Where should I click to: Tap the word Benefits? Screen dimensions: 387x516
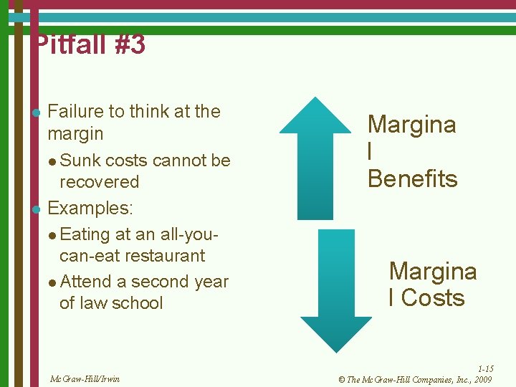click(x=412, y=178)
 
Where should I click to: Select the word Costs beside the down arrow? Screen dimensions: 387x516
click(x=433, y=298)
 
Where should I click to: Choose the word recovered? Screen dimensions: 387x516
click(x=99, y=182)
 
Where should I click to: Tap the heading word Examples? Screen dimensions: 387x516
click(x=90, y=209)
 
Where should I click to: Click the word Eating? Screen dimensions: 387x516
click(x=85, y=234)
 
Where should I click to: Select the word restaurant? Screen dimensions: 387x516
click(x=162, y=256)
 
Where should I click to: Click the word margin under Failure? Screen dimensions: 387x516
click(x=75, y=134)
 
